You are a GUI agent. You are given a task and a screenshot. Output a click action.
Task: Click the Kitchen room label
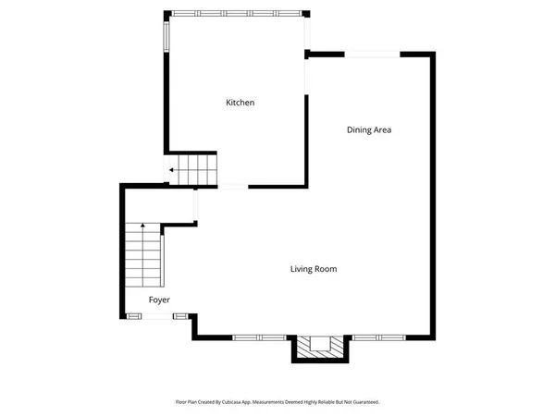click(240, 103)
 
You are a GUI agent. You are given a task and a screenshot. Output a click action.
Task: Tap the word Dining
click(359, 130)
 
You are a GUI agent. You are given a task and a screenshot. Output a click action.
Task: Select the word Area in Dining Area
click(382, 130)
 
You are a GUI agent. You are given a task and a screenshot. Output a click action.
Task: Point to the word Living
click(302, 270)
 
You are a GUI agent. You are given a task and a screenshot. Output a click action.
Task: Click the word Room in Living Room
click(326, 270)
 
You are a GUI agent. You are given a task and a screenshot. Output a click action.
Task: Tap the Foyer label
click(160, 300)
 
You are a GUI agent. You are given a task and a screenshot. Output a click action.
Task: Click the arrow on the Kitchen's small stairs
click(172, 171)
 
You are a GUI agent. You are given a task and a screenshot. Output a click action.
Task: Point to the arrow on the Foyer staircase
click(142, 226)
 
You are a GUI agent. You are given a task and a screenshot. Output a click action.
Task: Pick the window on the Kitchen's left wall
click(167, 36)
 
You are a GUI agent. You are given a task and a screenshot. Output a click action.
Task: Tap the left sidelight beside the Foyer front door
click(134, 317)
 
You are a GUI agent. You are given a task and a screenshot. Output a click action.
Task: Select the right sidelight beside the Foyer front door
click(179, 317)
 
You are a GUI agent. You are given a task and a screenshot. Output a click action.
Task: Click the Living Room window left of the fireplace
click(246, 337)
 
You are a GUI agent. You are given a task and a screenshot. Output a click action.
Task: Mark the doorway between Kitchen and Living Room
click(232, 188)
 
